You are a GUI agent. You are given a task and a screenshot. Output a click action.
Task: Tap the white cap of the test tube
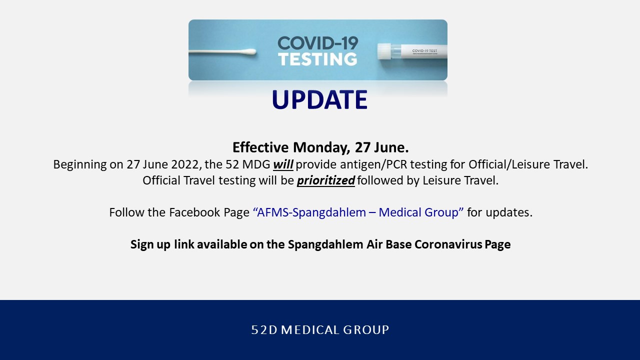384,51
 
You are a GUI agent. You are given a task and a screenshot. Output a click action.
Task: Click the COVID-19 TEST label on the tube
424,51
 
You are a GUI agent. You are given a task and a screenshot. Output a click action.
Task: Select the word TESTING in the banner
317,59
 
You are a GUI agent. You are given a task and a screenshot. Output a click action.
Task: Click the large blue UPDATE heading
319,99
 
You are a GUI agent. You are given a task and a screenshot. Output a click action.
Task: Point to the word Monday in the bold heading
321,147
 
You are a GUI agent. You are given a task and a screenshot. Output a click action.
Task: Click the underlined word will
283,164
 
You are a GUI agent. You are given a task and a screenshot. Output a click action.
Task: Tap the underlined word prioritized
326,180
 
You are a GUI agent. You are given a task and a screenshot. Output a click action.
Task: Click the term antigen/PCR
373,164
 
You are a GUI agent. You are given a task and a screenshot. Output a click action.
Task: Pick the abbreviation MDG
256,164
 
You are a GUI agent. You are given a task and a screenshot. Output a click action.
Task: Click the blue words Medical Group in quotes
418,212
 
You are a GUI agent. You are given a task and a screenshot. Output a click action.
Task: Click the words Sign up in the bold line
150,245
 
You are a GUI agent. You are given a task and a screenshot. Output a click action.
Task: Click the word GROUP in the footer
366,330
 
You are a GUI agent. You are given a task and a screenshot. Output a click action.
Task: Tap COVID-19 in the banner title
317,43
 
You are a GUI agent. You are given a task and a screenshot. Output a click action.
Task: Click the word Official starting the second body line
161,180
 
